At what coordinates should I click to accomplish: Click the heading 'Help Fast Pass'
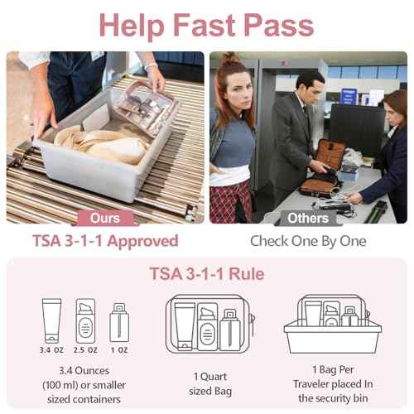[206, 25]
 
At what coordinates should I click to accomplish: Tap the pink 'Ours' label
[104, 219]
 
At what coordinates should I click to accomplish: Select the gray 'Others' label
[307, 219]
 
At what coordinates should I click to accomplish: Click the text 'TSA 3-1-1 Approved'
[104, 241]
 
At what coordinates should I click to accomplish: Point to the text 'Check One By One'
[307, 241]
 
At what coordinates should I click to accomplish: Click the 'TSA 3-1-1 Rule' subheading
[206, 274]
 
